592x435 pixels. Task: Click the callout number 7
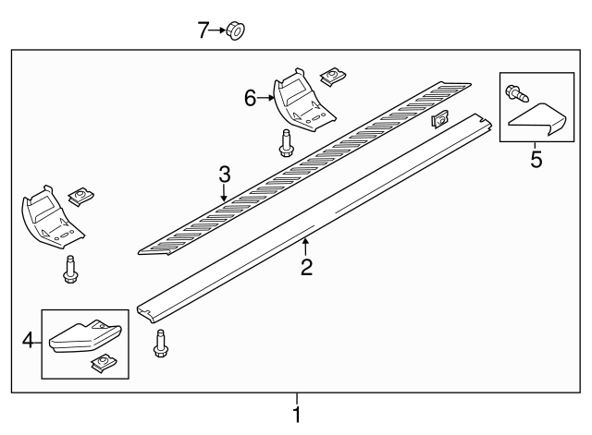click(203, 30)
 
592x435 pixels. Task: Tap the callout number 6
click(250, 96)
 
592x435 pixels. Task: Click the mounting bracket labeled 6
click(301, 102)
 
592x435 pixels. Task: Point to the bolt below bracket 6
click(286, 144)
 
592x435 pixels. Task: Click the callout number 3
click(223, 174)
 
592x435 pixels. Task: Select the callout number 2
click(306, 268)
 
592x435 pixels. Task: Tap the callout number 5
click(536, 160)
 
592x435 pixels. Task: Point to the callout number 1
click(297, 415)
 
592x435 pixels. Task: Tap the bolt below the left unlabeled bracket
click(68, 269)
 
